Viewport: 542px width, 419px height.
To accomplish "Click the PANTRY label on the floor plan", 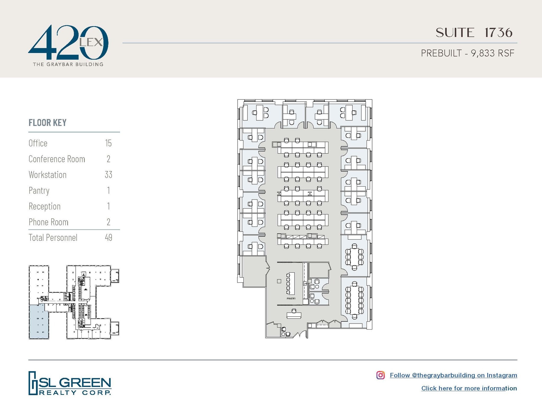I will point(291,299).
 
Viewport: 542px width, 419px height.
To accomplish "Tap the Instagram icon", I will point(380,375).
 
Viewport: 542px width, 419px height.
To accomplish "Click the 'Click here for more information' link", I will point(469,388).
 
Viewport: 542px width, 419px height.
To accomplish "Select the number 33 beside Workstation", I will point(108,175).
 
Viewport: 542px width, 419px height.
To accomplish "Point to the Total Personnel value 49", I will point(109,237).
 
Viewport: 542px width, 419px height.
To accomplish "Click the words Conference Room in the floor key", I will point(57,159).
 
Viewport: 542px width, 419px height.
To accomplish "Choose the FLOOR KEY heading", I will point(47,123).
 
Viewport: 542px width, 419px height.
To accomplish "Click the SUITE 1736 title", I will point(474,33).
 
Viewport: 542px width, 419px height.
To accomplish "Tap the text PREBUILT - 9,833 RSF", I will point(467,53).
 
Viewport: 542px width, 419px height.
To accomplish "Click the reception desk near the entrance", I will point(294,315).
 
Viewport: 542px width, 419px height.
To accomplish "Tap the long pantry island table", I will point(291,283).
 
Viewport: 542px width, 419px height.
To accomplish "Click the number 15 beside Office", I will point(108,143).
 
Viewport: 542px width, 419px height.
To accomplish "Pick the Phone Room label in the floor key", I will point(48,222).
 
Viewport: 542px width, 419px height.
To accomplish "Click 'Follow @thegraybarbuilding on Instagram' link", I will point(453,375).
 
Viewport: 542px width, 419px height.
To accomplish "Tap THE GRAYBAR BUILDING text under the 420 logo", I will point(68,64).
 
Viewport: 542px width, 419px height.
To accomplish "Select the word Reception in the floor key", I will point(44,206).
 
